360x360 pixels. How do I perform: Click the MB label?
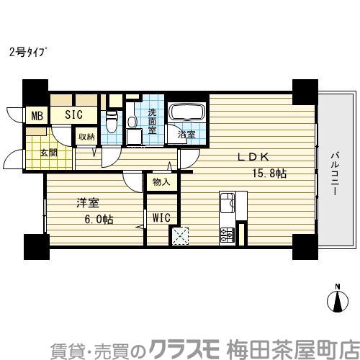point(34,114)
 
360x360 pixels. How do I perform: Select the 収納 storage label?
point(86,136)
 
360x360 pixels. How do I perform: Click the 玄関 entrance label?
point(49,153)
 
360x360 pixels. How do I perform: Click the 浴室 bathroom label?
point(186,135)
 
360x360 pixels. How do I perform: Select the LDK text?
point(251,158)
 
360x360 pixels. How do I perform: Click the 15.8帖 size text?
point(269,174)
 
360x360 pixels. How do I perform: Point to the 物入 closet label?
point(161,182)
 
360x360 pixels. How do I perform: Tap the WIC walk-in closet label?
point(159,216)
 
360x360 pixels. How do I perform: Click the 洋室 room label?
point(86,203)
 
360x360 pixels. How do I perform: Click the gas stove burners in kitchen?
point(227,233)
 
